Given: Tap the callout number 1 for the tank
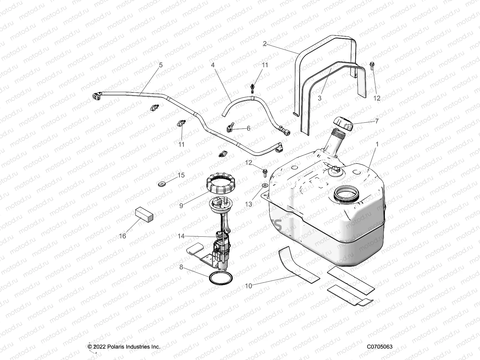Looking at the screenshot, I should point(377,144).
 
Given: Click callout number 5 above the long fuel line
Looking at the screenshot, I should point(161,65).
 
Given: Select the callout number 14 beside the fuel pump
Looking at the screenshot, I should point(181,236).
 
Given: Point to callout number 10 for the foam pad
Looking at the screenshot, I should point(249,286).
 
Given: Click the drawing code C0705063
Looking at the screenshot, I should point(379,347).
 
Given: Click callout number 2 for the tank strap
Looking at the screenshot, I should point(265,44).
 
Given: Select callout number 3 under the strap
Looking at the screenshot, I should point(319,98).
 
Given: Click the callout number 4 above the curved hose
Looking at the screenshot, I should point(213,65).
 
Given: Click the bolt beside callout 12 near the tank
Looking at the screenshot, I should point(265,172).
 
